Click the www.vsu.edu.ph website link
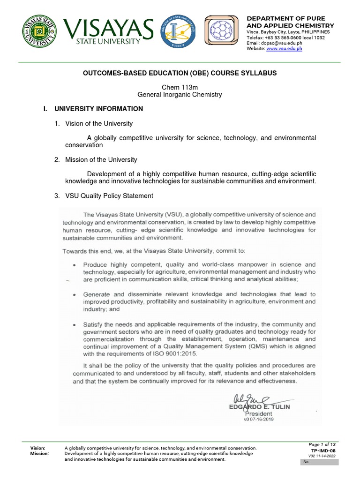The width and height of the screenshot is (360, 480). [284, 49]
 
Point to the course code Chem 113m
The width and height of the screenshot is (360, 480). [180, 87]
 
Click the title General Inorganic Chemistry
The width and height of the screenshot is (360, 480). [180, 95]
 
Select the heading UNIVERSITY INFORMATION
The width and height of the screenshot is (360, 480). [98, 109]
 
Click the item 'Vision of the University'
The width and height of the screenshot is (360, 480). [99, 124]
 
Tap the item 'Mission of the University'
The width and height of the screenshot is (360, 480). [101, 160]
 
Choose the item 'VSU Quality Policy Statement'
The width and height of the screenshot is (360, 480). [109, 196]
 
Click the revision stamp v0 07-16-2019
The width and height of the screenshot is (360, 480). [258, 420]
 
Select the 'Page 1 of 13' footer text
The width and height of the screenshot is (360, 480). [322, 444]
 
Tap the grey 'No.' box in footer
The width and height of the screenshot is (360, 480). [319, 462]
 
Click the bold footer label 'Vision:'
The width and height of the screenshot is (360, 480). [38, 448]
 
